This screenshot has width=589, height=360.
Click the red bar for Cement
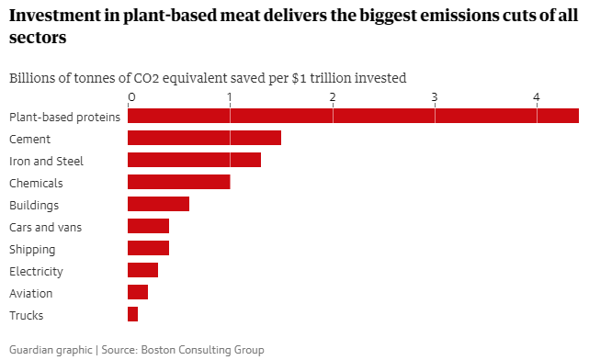tap(204, 138)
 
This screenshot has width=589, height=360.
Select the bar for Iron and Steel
tap(194, 160)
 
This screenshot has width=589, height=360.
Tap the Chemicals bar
tap(178, 182)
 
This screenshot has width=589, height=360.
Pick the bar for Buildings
tap(158, 204)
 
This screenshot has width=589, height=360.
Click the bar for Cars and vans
tap(148, 226)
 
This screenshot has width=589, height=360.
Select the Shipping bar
tap(148, 248)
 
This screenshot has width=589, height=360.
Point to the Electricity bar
tap(142, 270)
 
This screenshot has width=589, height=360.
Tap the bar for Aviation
tap(138, 292)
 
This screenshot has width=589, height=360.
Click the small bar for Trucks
tap(132, 314)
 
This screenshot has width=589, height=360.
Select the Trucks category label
tap(26, 315)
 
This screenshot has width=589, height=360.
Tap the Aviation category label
tap(30, 293)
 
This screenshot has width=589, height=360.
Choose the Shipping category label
tap(32, 249)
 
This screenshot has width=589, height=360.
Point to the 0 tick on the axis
tap(131, 96)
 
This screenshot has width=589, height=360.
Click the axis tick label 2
tap(333, 96)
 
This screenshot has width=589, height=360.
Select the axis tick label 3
tap(435, 96)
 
